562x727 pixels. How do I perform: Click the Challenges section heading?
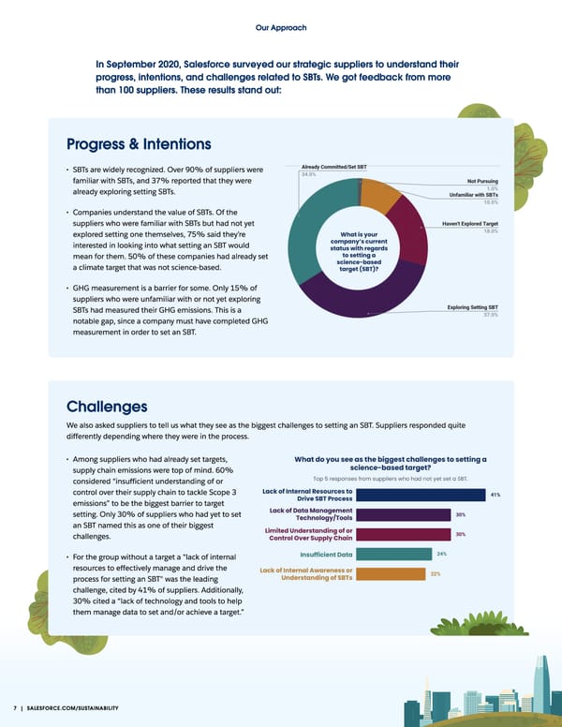tap(107, 407)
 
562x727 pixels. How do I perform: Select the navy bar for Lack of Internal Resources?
tap(422, 495)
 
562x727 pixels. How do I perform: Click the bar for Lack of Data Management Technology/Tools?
tap(405, 514)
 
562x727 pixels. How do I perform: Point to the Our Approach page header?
tap(280, 28)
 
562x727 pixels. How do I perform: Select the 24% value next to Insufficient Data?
tap(441, 554)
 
